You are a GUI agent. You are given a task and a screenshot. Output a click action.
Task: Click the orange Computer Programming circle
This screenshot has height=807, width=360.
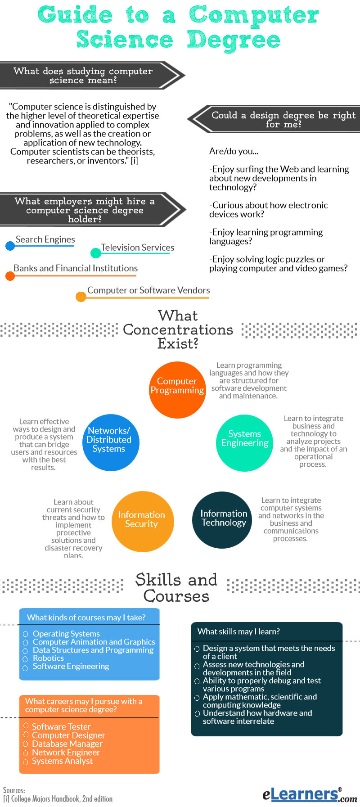click(177, 390)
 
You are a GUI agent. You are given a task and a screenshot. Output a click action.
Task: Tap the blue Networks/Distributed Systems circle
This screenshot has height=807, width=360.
click(111, 442)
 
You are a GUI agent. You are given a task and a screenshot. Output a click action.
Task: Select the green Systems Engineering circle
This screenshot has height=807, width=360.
click(245, 443)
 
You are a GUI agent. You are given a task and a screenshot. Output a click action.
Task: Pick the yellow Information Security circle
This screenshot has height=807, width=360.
click(143, 521)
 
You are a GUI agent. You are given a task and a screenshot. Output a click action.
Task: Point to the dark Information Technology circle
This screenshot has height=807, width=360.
click(222, 520)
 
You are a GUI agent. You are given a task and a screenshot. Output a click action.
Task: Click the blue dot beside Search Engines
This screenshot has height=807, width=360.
click(10, 246)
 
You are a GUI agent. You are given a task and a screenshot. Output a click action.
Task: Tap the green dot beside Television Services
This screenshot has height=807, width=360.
click(96, 253)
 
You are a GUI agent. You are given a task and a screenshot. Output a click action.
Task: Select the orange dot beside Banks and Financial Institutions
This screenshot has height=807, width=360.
click(10, 275)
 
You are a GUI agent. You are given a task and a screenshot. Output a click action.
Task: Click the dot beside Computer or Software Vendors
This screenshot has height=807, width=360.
click(81, 297)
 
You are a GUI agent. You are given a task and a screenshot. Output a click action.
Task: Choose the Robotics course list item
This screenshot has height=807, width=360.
click(48, 658)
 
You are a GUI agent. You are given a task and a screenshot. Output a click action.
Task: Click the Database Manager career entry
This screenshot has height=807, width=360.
click(67, 744)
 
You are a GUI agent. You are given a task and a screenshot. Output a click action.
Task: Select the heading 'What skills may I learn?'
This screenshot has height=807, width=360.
click(238, 631)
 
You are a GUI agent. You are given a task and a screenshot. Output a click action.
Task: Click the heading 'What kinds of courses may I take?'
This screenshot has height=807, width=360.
click(86, 618)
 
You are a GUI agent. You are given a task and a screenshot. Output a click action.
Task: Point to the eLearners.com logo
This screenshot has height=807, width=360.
click(310, 794)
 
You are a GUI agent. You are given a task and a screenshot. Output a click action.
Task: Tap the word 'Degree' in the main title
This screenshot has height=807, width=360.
click(234, 41)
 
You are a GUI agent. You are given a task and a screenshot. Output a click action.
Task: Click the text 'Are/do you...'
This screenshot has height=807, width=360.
click(234, 151)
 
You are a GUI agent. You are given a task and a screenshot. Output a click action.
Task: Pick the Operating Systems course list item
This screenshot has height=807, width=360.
click(66, 634)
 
